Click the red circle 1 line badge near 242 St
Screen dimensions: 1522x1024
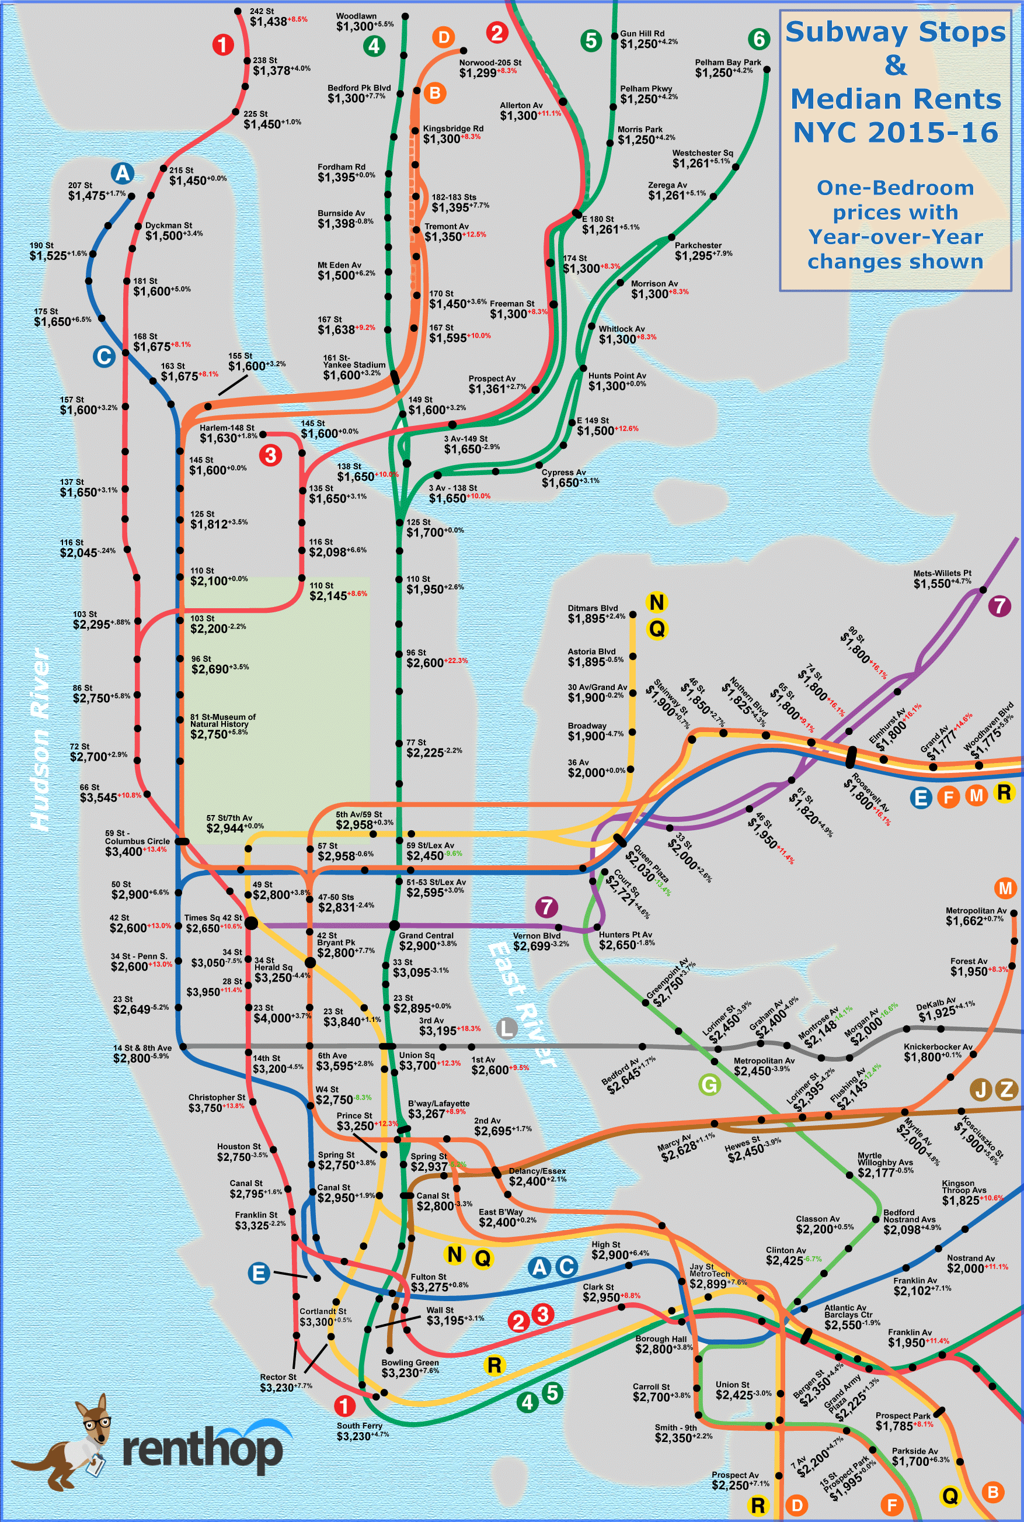(222, 45)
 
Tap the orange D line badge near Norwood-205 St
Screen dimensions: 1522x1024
(444, 37)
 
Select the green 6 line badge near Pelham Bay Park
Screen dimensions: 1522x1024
(758, 39)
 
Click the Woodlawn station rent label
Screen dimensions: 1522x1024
(364, 22)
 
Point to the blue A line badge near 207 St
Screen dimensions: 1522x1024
(122, 173)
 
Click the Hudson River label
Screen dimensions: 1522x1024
(40, 739)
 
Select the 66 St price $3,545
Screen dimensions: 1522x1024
(99, 798)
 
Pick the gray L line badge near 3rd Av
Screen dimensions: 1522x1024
(507, 1028)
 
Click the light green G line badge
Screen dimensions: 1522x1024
(709, 1085)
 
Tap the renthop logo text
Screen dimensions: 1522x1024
(203, 1450)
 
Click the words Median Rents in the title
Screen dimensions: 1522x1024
(896, 99)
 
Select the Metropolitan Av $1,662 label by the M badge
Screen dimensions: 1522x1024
(976, 916)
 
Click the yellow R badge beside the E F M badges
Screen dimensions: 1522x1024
(1003, 792)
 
